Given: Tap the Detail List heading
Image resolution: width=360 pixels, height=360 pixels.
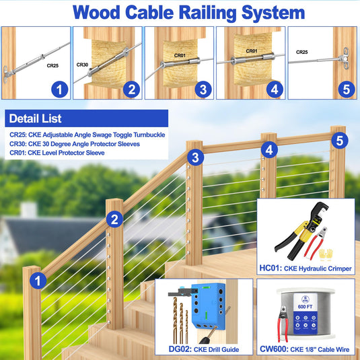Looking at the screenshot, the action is (36, 118).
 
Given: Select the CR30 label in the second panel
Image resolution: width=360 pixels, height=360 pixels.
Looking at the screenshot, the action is (82, 65).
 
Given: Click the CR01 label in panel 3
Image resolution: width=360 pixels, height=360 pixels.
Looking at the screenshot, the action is (180, 55).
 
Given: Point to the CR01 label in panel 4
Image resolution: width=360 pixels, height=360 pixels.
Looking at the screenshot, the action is (252, 51).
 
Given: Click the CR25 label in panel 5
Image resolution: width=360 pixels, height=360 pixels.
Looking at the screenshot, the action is (301, 52).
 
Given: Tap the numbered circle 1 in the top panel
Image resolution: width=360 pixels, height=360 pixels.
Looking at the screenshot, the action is (60, 89).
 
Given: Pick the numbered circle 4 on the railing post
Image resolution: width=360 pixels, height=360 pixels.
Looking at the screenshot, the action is (269, 149).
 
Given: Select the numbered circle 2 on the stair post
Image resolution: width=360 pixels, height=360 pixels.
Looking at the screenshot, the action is (114, 219).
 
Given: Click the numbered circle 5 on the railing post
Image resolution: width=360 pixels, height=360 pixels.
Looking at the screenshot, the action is (340, 140).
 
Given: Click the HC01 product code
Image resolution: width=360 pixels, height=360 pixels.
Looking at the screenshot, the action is (271, 268).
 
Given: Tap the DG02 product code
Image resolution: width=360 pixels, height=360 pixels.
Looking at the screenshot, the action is (180, 349).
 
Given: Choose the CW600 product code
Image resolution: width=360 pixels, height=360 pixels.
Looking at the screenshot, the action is (274, 349).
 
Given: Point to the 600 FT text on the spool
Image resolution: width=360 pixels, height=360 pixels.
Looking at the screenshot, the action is (305, 307).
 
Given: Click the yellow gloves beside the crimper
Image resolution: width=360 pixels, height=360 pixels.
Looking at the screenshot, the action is (326, 254).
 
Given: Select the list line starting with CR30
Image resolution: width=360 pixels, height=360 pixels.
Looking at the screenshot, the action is (75, 144).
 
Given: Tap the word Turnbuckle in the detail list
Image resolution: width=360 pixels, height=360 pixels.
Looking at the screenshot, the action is (149, 135).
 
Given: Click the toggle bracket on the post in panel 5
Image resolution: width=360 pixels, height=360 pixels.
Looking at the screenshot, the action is (345, 59).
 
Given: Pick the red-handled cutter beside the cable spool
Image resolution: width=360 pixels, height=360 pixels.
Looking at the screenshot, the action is (283, 323).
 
